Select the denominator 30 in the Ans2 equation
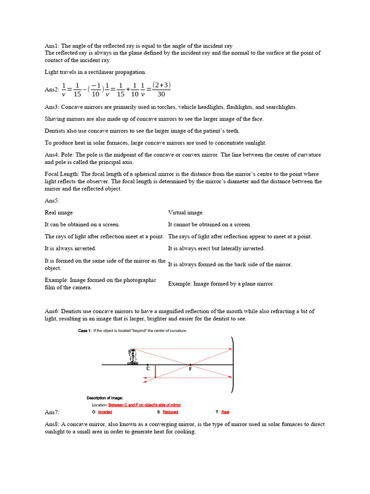(161, 95)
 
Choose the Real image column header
(59, 213)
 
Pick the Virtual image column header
(185, 213)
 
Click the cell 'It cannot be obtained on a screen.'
(210, 224)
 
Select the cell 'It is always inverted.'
(70, 248)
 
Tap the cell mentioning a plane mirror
(221, 284)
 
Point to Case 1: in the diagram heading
(84, 331)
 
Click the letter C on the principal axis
(148, 369)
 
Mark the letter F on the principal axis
(191, 369)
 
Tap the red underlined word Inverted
(105, 412)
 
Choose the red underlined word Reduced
(170, 412)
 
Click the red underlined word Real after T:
(225, 412)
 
